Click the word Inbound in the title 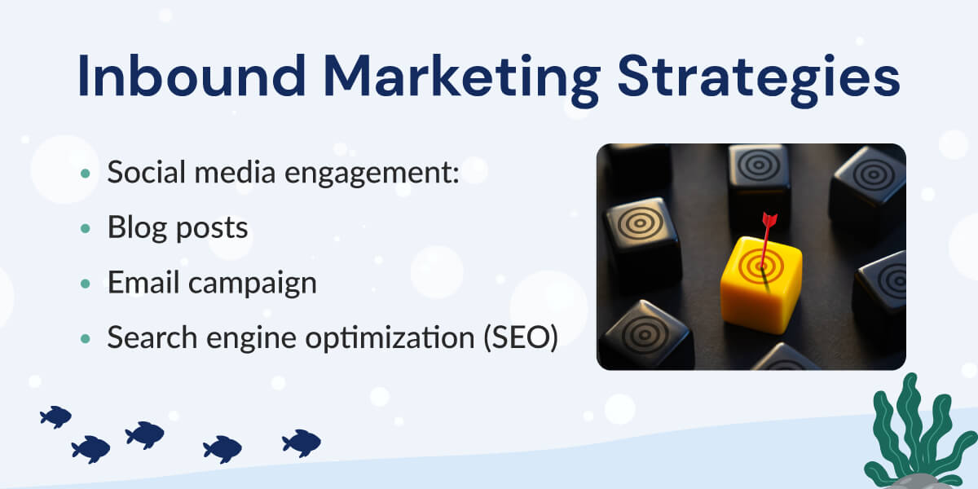click(x=192, y=75)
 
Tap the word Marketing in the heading click(x=462, y=81)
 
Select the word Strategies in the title click(x=759, y=81)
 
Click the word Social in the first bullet click(x=146, y=172)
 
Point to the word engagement click(x=372, y=174)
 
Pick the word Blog click(x=137, y=228)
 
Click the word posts click(x=212, y=230)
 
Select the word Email click(x=143, y=282)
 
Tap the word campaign click(x=253, y=284)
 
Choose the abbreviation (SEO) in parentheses click(x=521, y=337)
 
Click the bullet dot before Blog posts click(x=86, y=228)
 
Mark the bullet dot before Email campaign click(x=86, y=284)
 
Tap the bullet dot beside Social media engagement click(x=86, y=174)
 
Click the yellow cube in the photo click(x=760, y=285)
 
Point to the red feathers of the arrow click(x=769, y=219)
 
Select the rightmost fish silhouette click(x=302, y=443)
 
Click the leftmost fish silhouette click(x=55, y=417)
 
